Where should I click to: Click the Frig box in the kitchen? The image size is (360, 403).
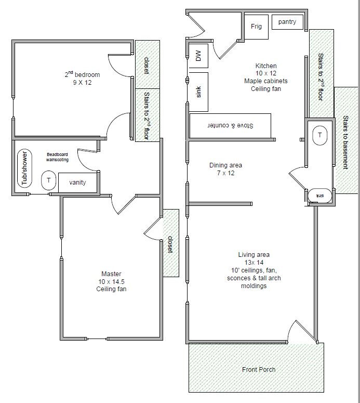point(256,27)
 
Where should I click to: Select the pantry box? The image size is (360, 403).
point(287,22)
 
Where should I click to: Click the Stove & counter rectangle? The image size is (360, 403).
point(230,126)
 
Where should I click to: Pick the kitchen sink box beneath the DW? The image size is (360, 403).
point(198,92)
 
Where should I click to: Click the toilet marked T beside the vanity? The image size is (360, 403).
point(49,180)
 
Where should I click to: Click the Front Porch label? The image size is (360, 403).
point(259,370)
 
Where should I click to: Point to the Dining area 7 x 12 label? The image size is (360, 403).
point(225,169)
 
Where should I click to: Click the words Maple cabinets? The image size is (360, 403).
point(265,81)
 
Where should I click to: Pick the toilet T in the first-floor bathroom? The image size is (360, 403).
point(319,135)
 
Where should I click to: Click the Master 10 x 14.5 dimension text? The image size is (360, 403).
point(112,281)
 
